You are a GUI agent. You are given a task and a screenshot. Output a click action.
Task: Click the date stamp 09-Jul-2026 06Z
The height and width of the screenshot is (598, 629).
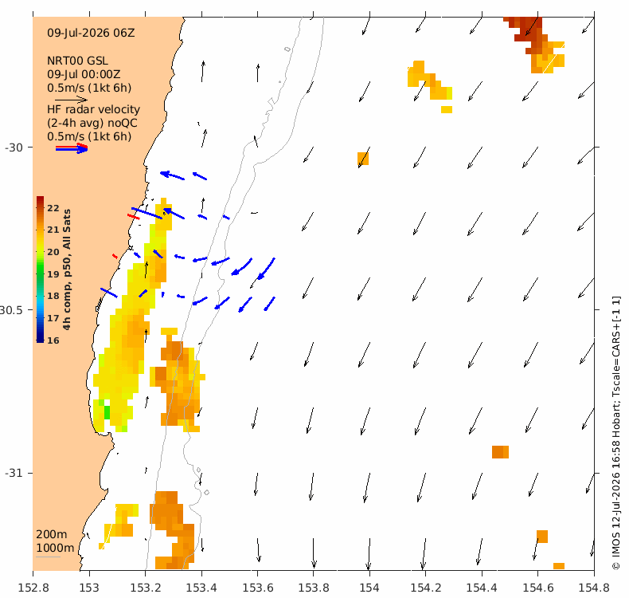pos(91,33)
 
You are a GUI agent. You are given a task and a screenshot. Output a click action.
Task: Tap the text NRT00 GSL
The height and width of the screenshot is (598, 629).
pos(77,61)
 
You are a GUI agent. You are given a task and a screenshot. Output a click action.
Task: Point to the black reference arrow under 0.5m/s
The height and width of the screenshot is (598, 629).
pos(72,100)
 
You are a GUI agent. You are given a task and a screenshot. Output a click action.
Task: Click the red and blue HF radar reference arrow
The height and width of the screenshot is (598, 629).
pos(72,148)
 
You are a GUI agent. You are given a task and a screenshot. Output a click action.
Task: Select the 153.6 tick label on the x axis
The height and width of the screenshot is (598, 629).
pos(257,588)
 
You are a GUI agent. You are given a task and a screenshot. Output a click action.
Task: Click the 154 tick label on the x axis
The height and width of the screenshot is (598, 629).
pos(369,588)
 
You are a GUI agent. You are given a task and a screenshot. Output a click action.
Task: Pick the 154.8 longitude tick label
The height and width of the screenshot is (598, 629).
pos(594,588)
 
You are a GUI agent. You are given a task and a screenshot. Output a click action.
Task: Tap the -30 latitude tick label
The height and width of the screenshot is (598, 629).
pos(14,148)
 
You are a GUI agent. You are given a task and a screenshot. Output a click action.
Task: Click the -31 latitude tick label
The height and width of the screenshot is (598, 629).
pos(14,473)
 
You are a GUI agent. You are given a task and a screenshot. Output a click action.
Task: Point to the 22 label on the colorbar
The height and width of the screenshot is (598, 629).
pos(53,208)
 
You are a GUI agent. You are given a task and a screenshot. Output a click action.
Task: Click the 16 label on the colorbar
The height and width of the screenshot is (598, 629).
pos(53,340)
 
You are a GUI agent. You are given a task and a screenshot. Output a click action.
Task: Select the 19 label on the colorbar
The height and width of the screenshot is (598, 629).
pos(53,274)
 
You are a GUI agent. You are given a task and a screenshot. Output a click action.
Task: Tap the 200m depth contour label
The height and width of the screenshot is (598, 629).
pos(52,534)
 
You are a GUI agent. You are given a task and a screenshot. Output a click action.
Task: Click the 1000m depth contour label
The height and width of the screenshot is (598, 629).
pos(55,549)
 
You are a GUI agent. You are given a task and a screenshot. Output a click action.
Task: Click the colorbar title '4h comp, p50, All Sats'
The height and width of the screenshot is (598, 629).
pos(67,269)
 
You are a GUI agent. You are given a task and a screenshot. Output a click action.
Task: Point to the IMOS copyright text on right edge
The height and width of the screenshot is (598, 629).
pos(615,432)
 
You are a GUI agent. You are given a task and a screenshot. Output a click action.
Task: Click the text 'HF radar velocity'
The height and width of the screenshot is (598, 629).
pos(93,109)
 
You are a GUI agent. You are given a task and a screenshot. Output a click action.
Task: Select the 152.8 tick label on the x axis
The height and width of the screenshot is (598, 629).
pos(33,588)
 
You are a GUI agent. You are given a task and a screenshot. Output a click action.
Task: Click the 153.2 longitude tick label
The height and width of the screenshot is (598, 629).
pos(146,588)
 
